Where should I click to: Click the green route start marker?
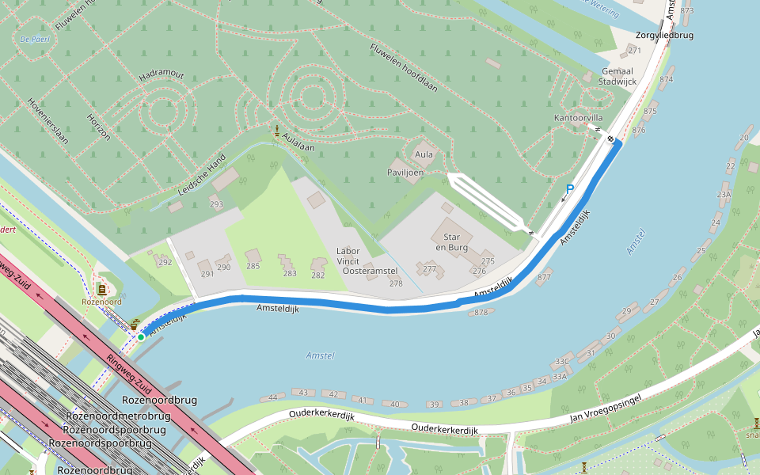tap(141, 337)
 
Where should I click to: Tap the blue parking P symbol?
tap(569, 190)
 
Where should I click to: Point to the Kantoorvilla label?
tap(578, 118)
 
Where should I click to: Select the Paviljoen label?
tap(405, 172)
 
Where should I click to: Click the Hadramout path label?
tap(161, 75)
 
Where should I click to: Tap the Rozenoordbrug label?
tap(160, 401)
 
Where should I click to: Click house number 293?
tap(216, 204)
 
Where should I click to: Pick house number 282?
tap(317, 275)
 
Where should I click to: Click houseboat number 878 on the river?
tap(481, 312)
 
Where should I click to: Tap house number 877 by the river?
tap(544, 278)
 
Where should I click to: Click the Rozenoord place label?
tap(102, 302)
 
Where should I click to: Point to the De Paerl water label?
tap(35, 38)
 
